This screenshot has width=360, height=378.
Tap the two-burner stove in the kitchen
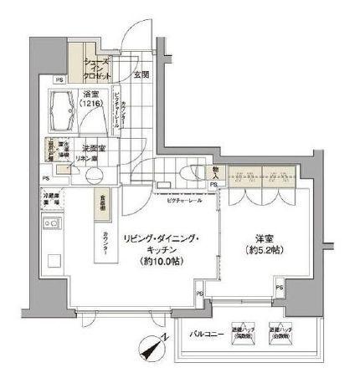point(49,225)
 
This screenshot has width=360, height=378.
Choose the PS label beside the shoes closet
point(59,79)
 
